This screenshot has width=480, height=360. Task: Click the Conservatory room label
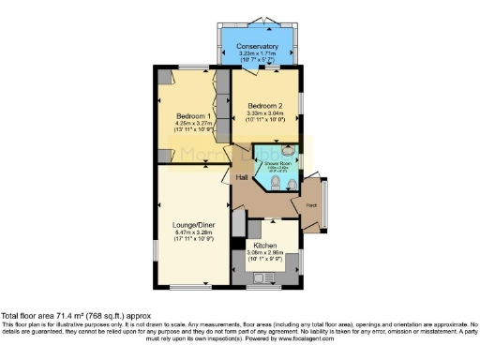point(257,46)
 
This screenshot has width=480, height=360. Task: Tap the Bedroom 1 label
point(192,115)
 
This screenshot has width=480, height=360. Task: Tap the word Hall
point(241,176)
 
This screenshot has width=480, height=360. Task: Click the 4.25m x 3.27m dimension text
point(192,123)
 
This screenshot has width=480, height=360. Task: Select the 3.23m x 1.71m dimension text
point(257,54)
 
